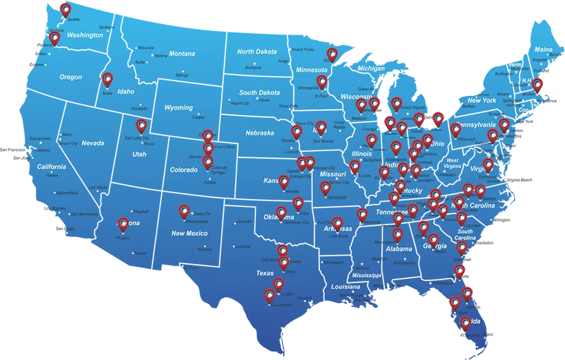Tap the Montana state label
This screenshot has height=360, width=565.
point(182,54)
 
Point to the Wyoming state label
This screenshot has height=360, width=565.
point(178,108)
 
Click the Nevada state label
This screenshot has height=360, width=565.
point(93,143)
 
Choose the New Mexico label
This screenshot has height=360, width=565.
point(189,233)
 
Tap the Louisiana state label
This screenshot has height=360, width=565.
point(345,287)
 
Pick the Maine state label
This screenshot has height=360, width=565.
point(543,50)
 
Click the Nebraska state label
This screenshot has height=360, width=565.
point(259,133)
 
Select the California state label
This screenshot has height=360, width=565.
point(52,167)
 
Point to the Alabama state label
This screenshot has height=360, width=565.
point(399,249)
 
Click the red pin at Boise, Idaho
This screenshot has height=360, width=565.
point(107,80)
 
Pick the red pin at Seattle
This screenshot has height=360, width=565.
point(66,10)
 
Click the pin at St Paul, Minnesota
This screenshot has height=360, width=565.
point(322,83)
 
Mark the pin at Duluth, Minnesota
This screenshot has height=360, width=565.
point(331,54)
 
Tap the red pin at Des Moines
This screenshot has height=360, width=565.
point(321,128)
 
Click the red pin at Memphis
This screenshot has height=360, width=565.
point(362,215)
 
